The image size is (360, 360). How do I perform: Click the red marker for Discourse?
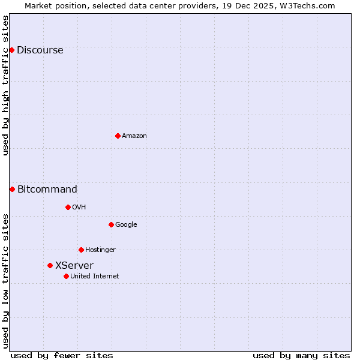pos(11,50)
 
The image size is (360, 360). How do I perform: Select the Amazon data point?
pos(118,136)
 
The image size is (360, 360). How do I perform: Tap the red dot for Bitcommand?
pos(12,189)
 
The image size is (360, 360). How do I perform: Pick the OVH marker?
pos(68,207)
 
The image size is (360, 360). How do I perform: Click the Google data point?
pos(111,224)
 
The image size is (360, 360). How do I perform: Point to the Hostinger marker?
pos(81,250)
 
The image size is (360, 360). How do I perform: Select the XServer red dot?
pos(50,265)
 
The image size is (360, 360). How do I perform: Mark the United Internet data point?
pos(66,276)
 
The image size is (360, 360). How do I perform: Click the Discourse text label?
pos(40,50)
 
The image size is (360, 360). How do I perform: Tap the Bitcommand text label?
pos(47,190)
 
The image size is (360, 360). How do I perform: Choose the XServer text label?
pos(74,266)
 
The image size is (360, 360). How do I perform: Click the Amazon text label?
pos(134,136)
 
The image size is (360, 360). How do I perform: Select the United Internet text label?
pos(94,277)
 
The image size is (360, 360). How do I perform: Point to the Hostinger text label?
pos(100,250)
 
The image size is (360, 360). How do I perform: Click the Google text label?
pos(126,225)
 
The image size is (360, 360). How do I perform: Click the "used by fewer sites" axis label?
pos(62,355)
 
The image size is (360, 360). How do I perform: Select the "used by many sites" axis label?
pos(301,355)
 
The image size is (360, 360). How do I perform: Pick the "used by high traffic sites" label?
pos(6,85)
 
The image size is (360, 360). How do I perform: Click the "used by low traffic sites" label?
pos(6,280)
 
